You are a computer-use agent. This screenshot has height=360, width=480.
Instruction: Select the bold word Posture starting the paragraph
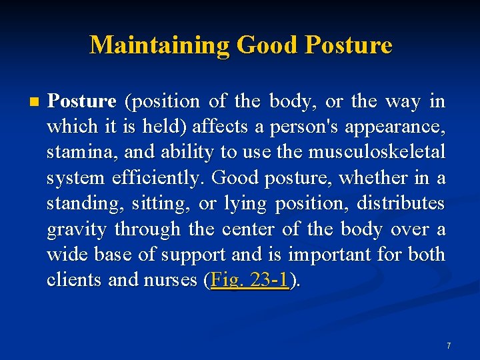[83, 101]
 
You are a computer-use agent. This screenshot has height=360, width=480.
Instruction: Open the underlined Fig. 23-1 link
[250, 281]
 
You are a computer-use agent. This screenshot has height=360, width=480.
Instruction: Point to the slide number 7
[449, 345]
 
